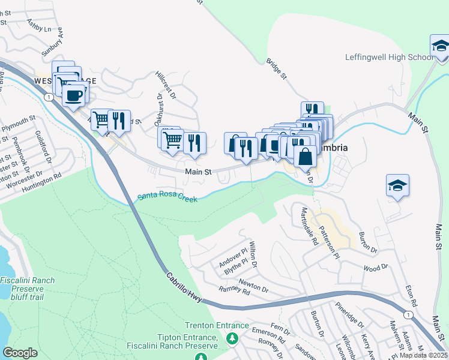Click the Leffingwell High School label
(388, 58)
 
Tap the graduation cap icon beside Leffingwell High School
(440, 47)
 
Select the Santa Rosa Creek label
(167, 196)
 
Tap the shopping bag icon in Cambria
(305, 157)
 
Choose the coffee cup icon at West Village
(73, 95)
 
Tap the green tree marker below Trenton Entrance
(232, 340)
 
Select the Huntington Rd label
(41, 178)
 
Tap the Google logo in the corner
(20, 352)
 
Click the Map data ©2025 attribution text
(423, 355)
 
